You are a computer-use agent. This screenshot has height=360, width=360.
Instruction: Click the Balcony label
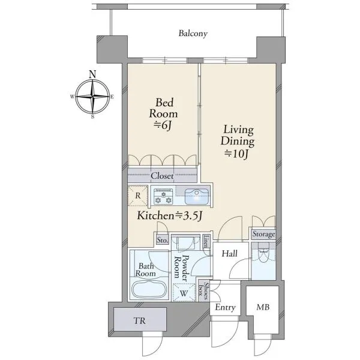click(x=193, y=34)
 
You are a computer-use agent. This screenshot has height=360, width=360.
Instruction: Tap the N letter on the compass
click(x=92, y=74)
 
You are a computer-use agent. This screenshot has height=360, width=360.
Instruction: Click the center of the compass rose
click(x=92, y=97)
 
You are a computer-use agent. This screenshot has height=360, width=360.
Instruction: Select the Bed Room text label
click(x=164, y=108)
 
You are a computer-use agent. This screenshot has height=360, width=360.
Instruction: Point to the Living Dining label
click(x=238, y=136)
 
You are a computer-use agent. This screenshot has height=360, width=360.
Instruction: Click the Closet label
click(x=162, y=176)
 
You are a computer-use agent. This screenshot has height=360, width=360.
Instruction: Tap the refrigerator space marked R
click(x=138, y=196)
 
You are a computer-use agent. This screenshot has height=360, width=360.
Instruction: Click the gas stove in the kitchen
click(x=163, y=196)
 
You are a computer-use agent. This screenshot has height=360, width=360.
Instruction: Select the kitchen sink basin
click(x=197, y=197)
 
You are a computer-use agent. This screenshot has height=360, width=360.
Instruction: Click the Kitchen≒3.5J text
click(x=169, y=215)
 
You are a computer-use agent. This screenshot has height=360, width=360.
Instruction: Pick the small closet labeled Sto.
click(x=163, y=240)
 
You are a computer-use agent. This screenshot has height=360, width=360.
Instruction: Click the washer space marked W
click(x=184, y=293)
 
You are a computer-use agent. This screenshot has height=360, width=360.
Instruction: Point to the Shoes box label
click(x=203, y=291)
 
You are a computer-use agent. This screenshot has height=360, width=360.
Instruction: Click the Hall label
click(x=230, y=254)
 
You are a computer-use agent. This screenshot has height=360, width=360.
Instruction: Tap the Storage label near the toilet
click(x=263, y=234)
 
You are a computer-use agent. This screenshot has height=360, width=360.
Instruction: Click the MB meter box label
click(x=263, y=307)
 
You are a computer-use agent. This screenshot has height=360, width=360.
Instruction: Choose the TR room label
click(x=140, y=321)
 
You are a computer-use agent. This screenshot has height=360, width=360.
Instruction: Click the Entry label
click(x=225, y=307)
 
